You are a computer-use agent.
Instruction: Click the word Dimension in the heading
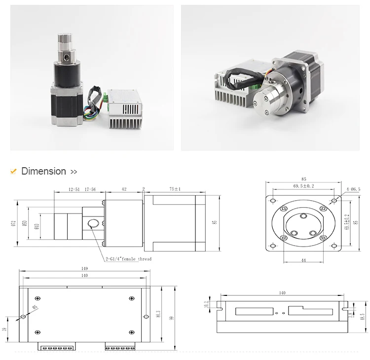tap(43, 172)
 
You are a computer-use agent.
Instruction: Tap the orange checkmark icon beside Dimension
tap(14, 172)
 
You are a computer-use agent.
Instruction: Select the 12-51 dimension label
tap(74, 189)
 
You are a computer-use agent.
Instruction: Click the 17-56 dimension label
tap(90, 189)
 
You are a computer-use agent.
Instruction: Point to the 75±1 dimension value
tap(175, 189)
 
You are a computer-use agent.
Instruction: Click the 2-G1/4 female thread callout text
tap(128, 259)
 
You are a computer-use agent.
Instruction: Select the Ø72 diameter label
tap(14, 224)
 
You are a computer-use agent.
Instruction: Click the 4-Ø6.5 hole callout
tap(353, 189)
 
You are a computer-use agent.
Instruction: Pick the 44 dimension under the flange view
tap(304, 260)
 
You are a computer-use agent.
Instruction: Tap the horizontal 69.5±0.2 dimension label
tap(303, 186)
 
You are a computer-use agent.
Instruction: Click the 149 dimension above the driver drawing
tap(84, 269)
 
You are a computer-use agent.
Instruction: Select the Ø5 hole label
tap(35, 309)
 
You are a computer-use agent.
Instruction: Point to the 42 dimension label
tap(124, 189)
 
